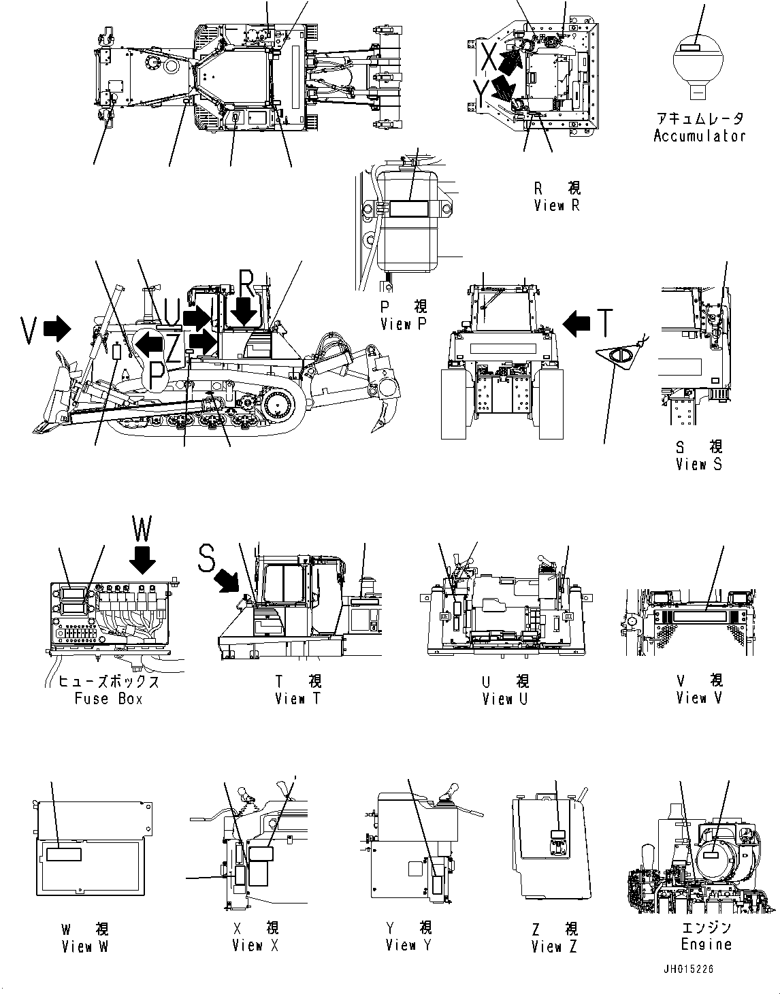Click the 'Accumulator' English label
[x=699, y=135]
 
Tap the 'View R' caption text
[x=557, y=205]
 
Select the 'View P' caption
[x=404, y=324]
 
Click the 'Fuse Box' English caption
[x=109, y=699]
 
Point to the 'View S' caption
[x=699, y=464]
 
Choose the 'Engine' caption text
[x=706, y=944]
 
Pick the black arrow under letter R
[x=244, y=312]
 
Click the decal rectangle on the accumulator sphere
[x=690, y=47]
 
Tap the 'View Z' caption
[x=555, y=946]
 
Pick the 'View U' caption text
[x=505, y=699]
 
